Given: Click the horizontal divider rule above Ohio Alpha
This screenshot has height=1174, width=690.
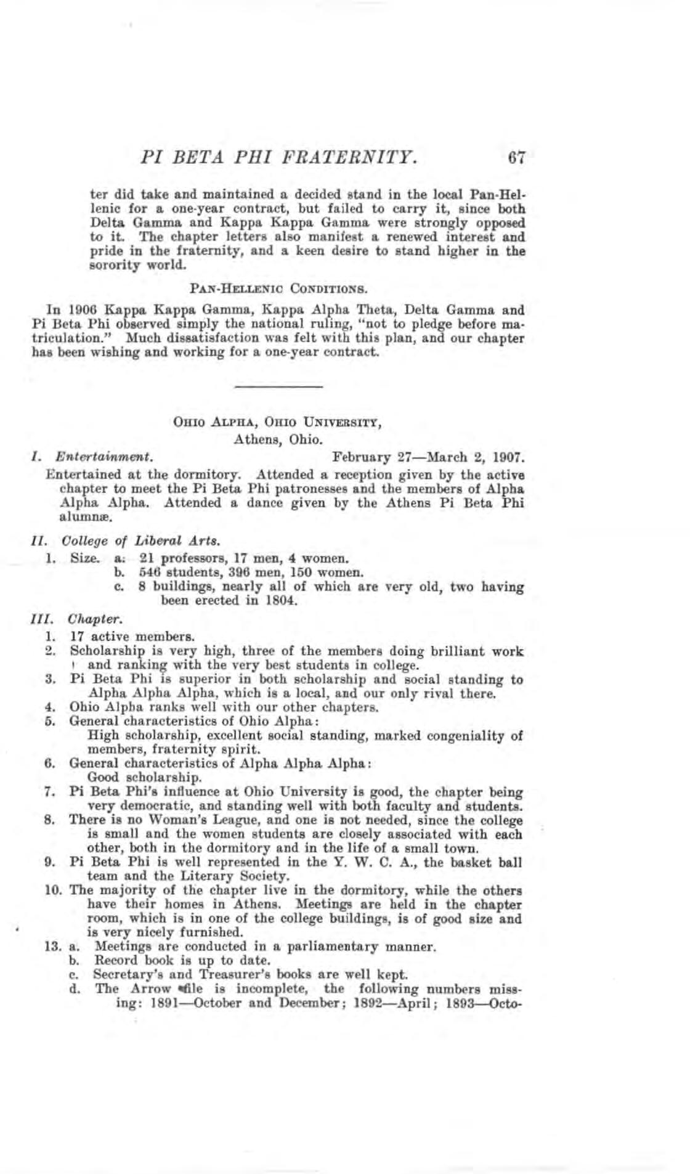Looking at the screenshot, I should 279,386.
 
